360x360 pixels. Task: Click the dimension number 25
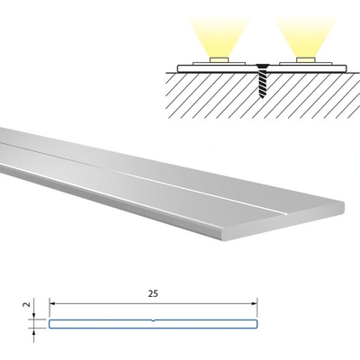(153, 293)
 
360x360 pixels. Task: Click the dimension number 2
(27, 304)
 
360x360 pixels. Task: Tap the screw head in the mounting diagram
(262, 67)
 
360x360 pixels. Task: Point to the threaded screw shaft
(262, 83)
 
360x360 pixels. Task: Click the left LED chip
(220, 59)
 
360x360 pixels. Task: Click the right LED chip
(306, 59)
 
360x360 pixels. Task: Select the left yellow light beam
(220, 37)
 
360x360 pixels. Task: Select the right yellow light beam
(306, 37)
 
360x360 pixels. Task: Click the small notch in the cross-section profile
(153, 320)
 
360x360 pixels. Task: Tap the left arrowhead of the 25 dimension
(52, 304)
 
